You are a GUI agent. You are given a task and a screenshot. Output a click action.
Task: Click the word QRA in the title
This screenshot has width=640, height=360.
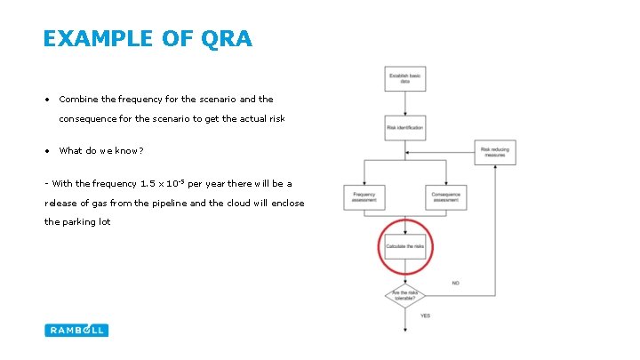tap(228, 38)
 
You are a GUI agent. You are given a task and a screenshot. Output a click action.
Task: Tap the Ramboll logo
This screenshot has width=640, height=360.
tap(76, 330)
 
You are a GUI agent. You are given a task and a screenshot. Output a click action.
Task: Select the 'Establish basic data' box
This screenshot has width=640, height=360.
tap(404, 79)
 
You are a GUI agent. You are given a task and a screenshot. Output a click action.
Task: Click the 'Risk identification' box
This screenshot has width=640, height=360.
tap(404, 127)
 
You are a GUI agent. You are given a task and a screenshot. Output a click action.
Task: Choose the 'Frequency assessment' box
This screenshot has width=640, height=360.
tap(364, 197)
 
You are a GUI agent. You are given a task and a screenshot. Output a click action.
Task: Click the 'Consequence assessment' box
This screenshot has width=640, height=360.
tap(445, 197)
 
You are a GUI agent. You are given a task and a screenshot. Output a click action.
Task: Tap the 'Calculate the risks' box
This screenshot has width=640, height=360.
tap(404, 245)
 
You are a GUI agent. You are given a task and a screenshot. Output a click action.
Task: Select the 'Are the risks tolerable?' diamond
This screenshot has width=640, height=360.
tap(404, 294)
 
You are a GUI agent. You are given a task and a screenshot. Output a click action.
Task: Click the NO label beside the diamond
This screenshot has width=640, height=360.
tap(455, 283)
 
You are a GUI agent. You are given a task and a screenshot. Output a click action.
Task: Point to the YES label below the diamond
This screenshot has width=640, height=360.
tap(425, 316)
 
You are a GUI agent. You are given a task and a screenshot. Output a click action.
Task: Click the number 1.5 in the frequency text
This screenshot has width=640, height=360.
tap(151, 184)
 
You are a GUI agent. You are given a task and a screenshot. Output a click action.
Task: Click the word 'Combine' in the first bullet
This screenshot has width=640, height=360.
tap(79, 100)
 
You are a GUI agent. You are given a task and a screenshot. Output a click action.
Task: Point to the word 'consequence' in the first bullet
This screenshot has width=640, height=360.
tap(88, 118)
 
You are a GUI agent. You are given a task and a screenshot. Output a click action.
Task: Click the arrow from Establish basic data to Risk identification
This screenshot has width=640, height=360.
tap(404, 103)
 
